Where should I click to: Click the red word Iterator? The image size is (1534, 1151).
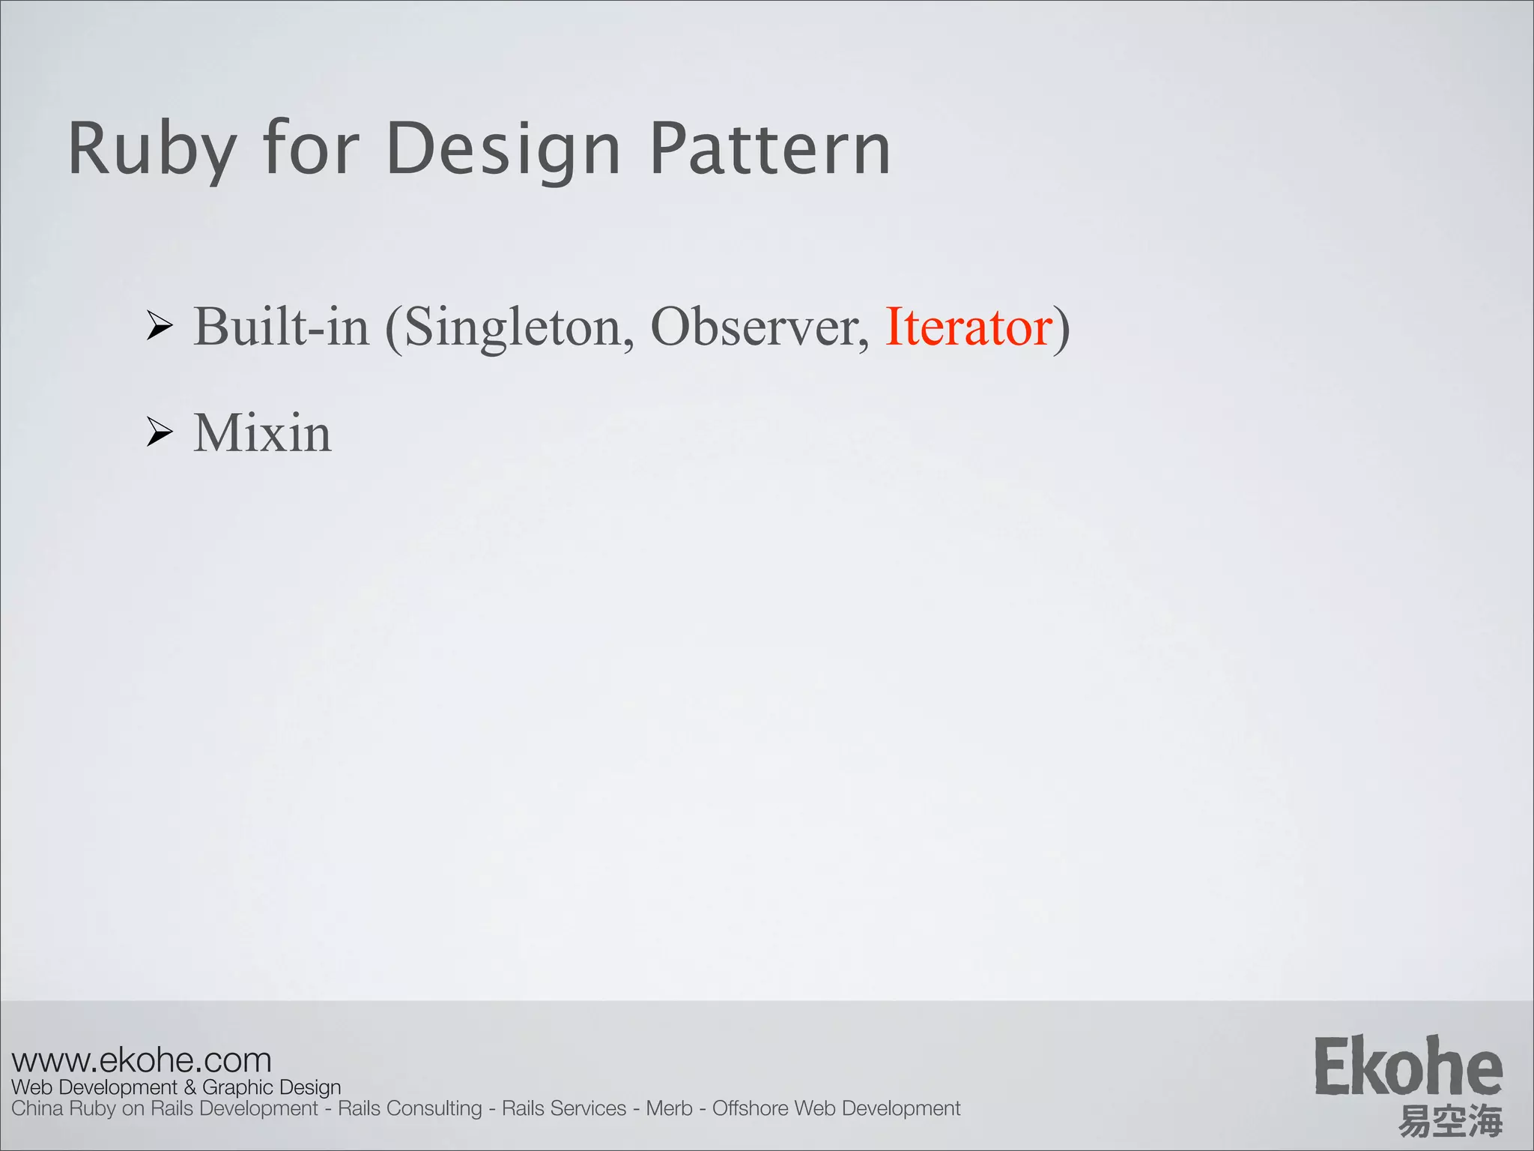(968, 327)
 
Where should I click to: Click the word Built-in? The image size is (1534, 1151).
(282, 327)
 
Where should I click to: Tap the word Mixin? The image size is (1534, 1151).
(262, 433)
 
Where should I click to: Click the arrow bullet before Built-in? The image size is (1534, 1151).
(160, 326)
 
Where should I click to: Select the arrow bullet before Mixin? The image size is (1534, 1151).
(160, 432)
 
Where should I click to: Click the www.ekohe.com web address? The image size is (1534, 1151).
(142, 1060)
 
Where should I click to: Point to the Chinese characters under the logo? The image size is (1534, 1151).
(1450, 1121)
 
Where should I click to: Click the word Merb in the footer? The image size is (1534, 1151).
(669, 1108)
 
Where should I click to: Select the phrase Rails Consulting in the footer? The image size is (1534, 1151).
(410, 1108)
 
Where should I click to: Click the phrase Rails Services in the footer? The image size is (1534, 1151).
(563, 1108)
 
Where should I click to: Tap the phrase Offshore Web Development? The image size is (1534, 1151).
(836, 1108)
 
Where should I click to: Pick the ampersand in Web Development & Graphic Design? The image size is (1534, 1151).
(190, 1087)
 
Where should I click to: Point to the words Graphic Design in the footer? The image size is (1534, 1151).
(271, 1087)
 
